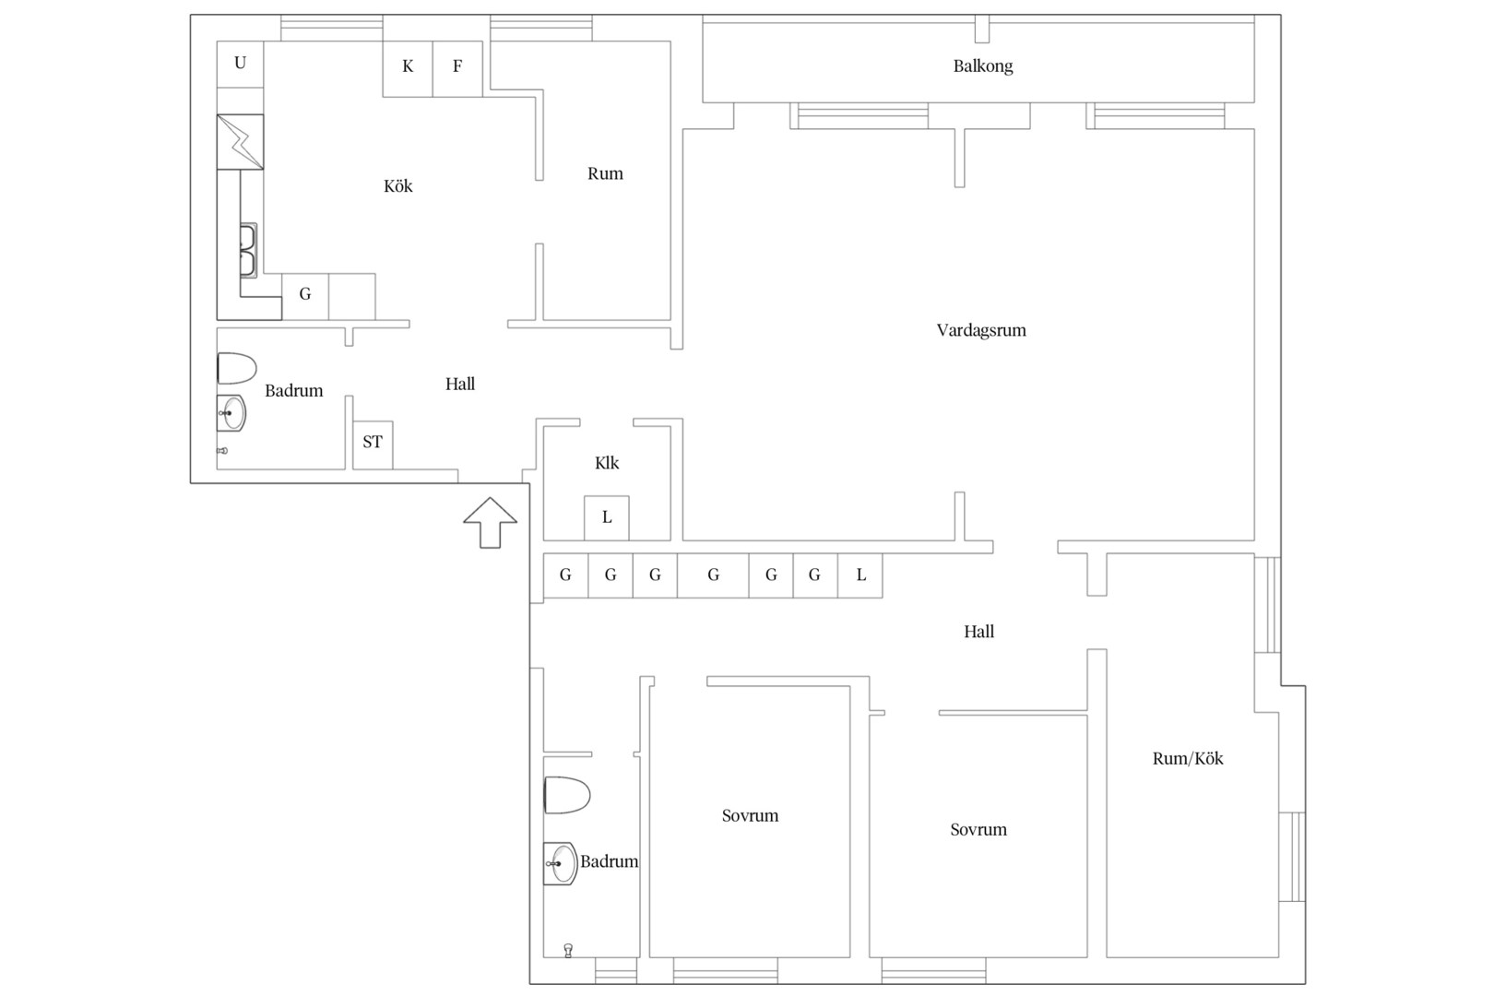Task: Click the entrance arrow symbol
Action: (x=491, y=523)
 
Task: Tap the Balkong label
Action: (x=982, y=66)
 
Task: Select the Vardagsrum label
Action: (x=981, y=330)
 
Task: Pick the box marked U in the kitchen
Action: (x=240, y=64)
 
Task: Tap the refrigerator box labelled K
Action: (x=408, y=69)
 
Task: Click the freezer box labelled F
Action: (x=457, y=69)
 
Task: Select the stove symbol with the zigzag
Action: (x=240, y=142)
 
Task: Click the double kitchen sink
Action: (x=248, y=250)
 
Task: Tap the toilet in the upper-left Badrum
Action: (x=237, y=368)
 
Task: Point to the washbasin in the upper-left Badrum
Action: (x=231, y=413)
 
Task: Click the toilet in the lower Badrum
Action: (x=567, y=795)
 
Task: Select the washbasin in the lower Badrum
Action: (x=561, y=863)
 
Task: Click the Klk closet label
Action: (x=607, y=463)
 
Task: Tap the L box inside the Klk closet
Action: (x=606, y=518)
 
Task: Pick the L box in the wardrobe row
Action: (x=860, y=575)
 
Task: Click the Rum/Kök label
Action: (x=1188, y=758)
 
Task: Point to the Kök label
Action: (x=398, y=186)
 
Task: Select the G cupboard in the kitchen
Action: (x=305, y=296)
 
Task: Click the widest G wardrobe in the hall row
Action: (x=713, y=575)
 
